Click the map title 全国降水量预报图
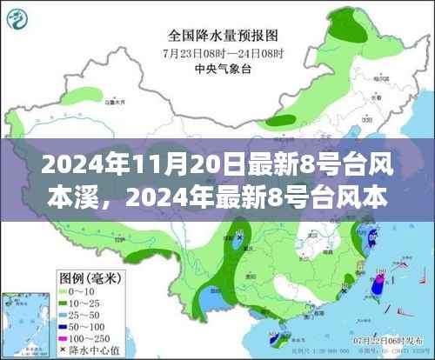[x=222, y=36]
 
